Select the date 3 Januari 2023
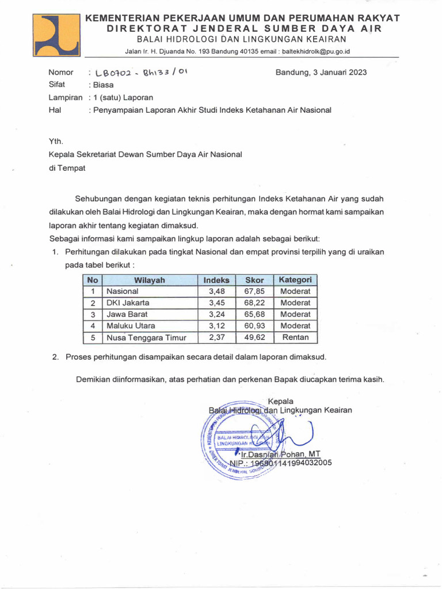[321, 72]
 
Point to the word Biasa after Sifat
[103, 85]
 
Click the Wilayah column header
[150, 280]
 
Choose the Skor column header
[254, 280]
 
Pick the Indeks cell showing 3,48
[216, 292]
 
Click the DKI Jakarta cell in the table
[127, 303]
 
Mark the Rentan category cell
[295, 338]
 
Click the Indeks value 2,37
[216, 338]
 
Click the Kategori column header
[295, 280]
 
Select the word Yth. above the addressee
[56, 140]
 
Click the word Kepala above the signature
[281, 401]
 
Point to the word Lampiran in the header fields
[65, 97]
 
